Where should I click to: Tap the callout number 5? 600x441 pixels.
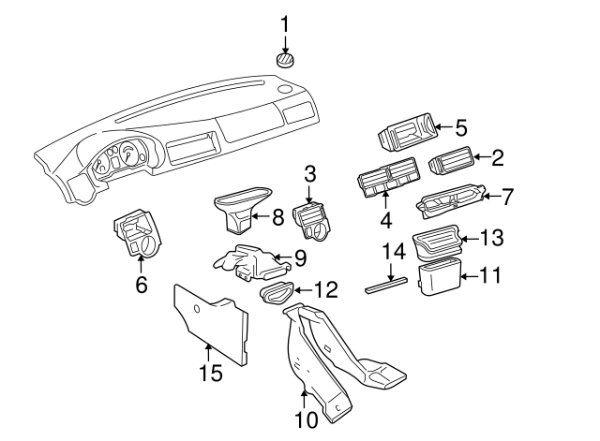(460, 125)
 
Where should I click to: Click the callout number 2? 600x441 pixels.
(498, 158)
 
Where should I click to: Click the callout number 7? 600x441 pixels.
(507, 197)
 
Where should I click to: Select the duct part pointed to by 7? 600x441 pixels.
(450, 198)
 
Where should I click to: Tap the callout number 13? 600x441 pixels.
(492, 238)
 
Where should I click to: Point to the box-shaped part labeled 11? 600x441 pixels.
(436, 279)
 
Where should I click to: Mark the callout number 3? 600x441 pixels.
(309, 172)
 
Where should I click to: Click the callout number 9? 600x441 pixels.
(300, 257)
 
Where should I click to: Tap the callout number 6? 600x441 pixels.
(142, 285)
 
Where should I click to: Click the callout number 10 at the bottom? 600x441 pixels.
(306, 421)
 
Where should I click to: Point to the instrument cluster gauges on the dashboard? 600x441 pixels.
(120, 158)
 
